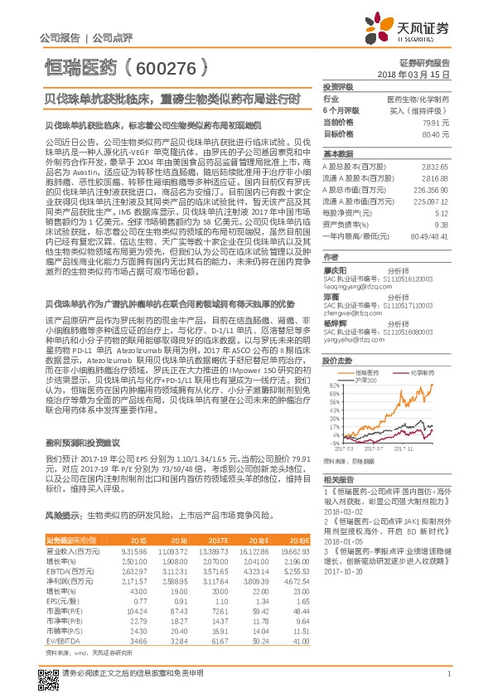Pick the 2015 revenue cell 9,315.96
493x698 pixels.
click(134, 551)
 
